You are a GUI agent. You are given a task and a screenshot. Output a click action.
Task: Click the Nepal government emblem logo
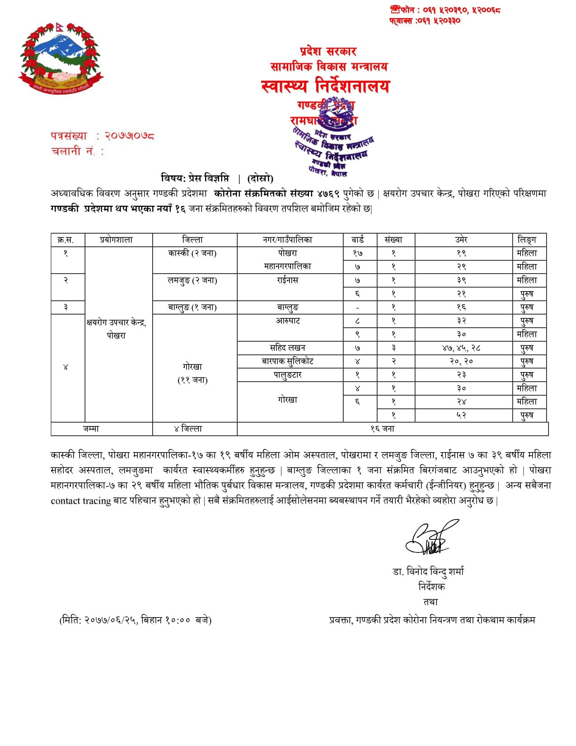pos(61,58)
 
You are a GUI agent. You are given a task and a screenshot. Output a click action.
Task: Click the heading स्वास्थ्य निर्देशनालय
pos(325,86)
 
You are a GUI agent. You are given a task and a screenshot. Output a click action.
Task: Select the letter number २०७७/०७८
pos(130,136)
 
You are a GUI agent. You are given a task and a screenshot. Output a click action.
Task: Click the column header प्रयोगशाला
pos(117,240)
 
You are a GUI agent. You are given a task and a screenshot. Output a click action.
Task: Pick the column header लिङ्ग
pos(527,240)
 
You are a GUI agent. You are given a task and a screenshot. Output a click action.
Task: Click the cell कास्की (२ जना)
pos(192,253)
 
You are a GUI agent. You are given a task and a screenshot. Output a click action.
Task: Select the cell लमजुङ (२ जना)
pos(192,280)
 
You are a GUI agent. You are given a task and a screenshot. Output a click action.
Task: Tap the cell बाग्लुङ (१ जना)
pos(192,307)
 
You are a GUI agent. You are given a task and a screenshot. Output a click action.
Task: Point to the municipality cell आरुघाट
pos(288,321)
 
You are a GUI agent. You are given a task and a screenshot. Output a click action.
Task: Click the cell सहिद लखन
pos(288,348)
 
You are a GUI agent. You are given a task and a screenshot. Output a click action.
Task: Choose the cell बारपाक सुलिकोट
pos(288,361)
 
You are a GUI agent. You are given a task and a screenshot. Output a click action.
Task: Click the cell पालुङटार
pos(288,375)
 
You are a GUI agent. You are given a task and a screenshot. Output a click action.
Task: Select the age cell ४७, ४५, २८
pos(461,348)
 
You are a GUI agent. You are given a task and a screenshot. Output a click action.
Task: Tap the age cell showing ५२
pos(461,415)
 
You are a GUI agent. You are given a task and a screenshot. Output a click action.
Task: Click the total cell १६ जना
pos(382,429)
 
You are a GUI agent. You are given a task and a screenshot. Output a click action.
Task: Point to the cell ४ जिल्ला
pos(188,429)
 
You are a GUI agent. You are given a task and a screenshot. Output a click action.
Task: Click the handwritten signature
pos(429,538)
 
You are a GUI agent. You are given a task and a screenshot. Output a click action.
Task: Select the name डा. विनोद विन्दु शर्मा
pos(428,572)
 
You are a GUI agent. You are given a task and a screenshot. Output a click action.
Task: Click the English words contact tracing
pos(80,501)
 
